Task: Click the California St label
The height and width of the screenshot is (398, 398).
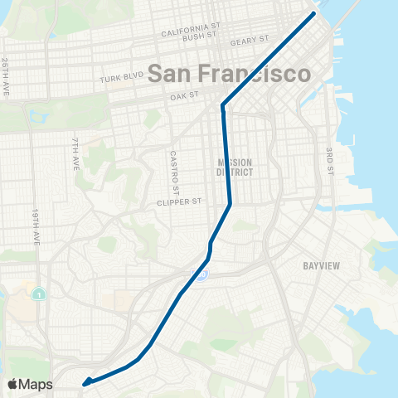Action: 192,31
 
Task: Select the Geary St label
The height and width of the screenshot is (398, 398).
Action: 253,40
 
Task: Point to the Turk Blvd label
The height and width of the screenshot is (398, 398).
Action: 122,76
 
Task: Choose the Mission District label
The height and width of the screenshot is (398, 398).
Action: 234,167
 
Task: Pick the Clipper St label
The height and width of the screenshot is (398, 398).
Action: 179,201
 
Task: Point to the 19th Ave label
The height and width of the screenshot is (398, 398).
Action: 37,227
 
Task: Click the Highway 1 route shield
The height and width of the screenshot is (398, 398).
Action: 37,294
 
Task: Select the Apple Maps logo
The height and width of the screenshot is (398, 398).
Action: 30,384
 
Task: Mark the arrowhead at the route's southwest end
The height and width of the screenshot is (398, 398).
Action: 85,383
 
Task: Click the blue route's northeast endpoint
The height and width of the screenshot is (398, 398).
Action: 314,14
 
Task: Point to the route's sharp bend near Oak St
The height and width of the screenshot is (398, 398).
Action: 223,105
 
